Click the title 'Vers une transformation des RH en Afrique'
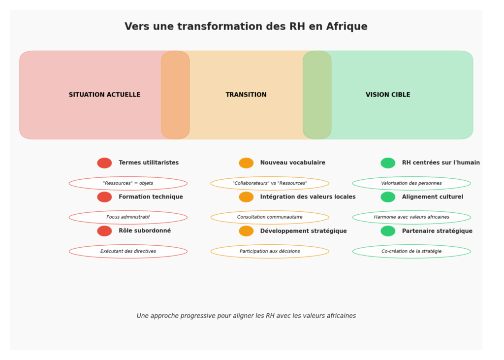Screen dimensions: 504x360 pos(246,27)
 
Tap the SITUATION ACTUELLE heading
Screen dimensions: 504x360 pos(104,95)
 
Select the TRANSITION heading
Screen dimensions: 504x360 pos(246,95)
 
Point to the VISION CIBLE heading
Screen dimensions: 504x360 pos(388,95)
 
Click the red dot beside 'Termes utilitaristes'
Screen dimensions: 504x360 pos(104,163)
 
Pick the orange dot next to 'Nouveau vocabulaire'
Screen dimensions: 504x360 pos(246,163)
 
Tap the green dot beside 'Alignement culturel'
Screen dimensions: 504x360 pos(388,197)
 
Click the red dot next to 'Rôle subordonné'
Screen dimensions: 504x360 pos(104,231)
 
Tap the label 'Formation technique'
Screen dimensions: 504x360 pos(151,196)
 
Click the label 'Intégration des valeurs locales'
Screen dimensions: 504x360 pos(308,197)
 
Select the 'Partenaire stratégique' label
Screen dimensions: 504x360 pos(437,231)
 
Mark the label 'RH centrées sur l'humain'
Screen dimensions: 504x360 pos(441,163)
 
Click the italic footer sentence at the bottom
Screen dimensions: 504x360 pos(246,316)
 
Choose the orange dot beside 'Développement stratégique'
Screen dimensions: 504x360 pos(246,231)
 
